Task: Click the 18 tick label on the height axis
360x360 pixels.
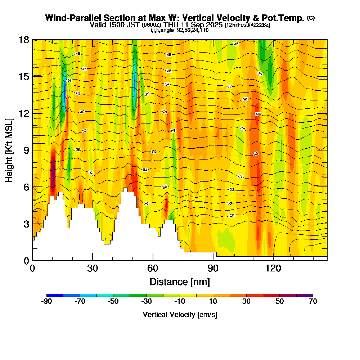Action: pos(24,40)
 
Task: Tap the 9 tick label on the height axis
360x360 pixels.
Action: pos(26,150)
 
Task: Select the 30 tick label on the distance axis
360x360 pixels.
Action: pos(93,269)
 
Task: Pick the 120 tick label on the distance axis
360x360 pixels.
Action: pos(273,269)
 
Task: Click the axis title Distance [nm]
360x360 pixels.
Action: pos(180,281)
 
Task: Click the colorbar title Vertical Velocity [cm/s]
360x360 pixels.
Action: pos(180,315)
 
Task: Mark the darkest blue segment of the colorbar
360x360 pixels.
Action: pos(55,295)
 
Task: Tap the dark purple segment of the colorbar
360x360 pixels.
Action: pos(305,295)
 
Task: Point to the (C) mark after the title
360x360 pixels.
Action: pos(311,18)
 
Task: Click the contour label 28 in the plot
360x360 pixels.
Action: pos(232,215)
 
